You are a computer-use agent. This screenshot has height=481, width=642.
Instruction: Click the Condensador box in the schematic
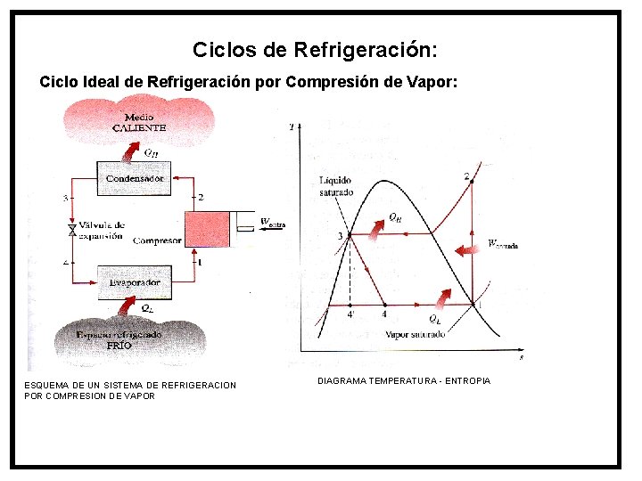pyautogui.click(x=135, y=178)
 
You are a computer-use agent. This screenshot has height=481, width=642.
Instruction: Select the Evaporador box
pyautogui.click(x=135, y=282)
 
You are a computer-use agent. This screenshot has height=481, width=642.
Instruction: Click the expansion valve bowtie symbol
pyautogui.click(x=73, y=230)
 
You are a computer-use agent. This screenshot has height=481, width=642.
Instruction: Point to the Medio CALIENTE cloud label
pyautogui.click(x=139, y=122)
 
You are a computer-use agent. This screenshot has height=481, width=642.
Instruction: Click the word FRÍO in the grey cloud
pyautogui.click(x=119, y=344)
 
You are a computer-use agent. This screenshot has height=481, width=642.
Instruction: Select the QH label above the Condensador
pyautogui.click(x=151, y=152)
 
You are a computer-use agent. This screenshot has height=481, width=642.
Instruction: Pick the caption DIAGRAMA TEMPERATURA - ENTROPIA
pyautogui.click(x=404, y=381)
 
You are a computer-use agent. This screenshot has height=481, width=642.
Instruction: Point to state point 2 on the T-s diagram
pyautogui.click(x=471, y=182)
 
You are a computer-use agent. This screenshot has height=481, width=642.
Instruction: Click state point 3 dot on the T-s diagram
pyautogui.click(x=349, y=235)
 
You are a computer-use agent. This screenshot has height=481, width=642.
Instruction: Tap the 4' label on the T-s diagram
pyautogui.click(x=350, y=314)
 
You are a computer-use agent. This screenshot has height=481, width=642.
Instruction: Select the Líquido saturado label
pyautogui.click(x=336, y=187)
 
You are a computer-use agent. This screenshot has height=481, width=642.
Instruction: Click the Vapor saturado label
pyautogui.click(x=416, y=335)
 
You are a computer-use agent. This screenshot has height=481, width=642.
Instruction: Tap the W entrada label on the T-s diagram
pyautogui.click(x=502, y=243)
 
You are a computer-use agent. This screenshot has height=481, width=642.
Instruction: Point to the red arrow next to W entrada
pyautogui.click(x=465, y=250)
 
